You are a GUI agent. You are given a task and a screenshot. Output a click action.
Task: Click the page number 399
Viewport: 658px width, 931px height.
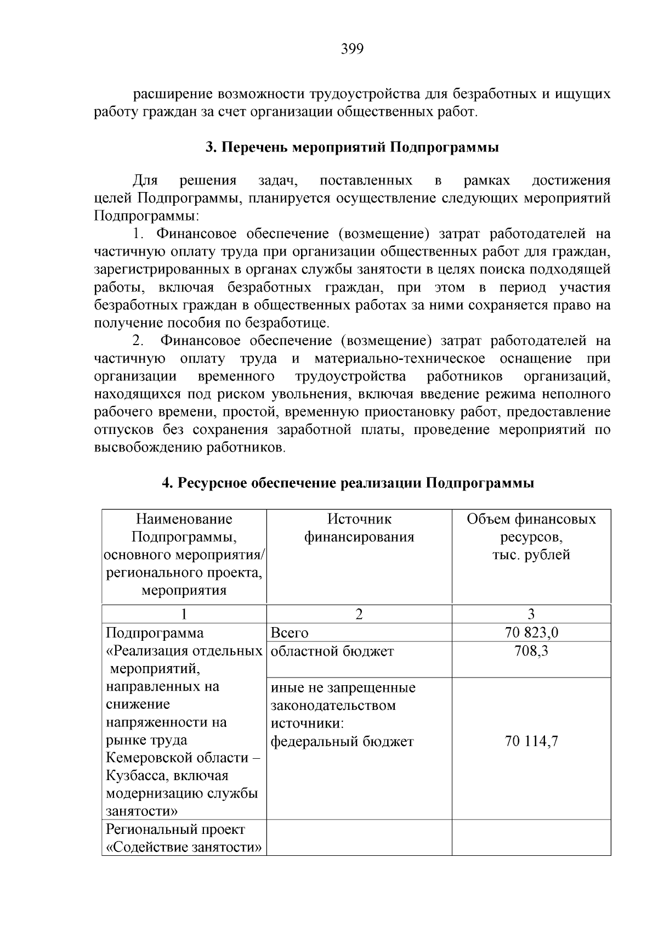coord(352,50)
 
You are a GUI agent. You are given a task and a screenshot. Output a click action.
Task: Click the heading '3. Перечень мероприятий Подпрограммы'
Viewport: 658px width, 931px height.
coord(352,148)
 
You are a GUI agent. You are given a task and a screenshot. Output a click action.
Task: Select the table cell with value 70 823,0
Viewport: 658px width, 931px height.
coord(531,633)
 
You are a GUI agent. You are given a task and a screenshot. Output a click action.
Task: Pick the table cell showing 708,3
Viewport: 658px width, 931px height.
coord(531,651)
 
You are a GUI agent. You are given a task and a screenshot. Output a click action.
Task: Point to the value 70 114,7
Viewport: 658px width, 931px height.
coord(531,742)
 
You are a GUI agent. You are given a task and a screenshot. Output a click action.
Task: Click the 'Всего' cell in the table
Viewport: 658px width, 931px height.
coord(290,633)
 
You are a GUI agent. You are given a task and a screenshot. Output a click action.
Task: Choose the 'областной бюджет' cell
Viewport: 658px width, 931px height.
coord(332,651)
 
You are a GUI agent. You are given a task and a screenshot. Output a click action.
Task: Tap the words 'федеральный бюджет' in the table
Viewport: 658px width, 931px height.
coord(342,742)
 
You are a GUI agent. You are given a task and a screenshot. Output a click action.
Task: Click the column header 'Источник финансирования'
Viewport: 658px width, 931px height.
coord(359,528)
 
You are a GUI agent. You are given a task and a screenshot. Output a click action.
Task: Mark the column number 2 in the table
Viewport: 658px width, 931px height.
coord(359,614)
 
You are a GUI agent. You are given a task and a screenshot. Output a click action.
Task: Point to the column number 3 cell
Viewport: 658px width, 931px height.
coord(531,614)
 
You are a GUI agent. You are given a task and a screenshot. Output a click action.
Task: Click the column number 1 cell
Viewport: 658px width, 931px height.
coord(184,614)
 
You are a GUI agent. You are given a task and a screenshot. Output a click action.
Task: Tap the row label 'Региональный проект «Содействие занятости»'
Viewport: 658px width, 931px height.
coord(183,838)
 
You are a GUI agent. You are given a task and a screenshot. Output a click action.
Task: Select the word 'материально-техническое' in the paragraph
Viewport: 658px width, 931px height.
coord(400,359)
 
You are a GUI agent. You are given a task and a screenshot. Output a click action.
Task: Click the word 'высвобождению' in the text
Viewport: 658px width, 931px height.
coord(149,448)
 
